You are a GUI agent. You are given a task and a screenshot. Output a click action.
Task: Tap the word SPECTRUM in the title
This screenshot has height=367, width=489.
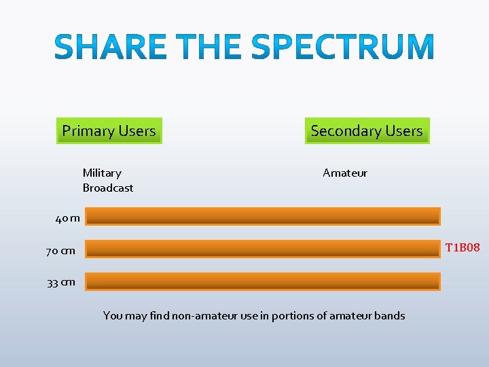342,48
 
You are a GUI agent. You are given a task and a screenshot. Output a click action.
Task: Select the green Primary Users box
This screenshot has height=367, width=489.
109,130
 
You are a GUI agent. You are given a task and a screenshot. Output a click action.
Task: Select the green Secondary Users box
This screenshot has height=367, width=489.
366,130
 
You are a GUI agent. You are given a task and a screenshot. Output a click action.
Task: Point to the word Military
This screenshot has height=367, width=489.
102,173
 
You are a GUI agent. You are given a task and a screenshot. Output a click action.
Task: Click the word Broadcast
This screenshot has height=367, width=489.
108,188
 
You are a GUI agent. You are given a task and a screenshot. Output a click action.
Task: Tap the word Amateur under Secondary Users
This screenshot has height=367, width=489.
345,173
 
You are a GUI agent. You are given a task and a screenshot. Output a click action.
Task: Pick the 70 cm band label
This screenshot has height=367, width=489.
60,251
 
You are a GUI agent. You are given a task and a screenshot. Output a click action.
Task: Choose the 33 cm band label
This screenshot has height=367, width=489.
61,283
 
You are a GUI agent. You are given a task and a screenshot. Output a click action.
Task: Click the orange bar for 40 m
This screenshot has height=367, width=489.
263,216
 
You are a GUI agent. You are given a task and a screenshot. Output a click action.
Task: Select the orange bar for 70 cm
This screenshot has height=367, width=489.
263,249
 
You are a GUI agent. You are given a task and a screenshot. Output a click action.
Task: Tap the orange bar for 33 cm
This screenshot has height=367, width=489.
263,281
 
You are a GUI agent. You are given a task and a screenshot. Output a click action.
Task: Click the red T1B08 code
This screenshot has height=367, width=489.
463,247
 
